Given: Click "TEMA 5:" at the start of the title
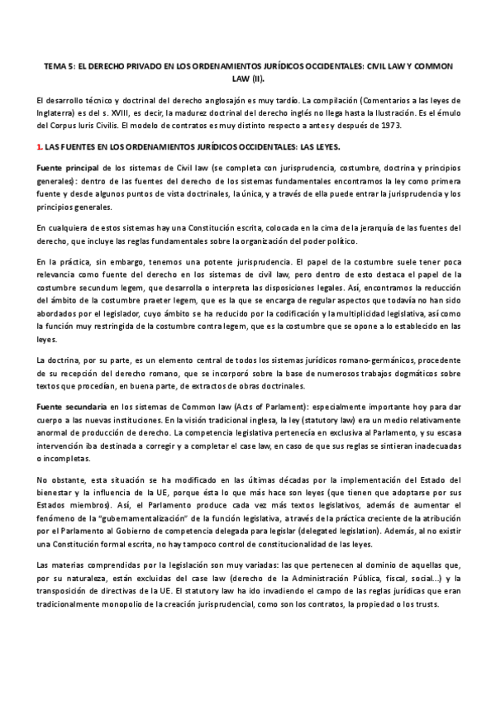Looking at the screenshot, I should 59,65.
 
